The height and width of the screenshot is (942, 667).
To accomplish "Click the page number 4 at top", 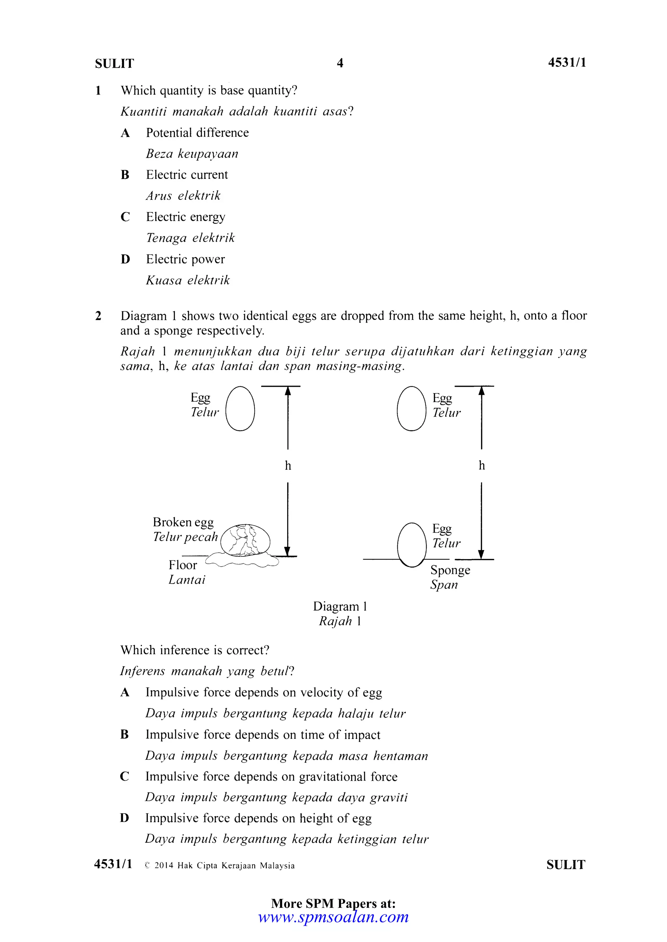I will [x=340, y=63].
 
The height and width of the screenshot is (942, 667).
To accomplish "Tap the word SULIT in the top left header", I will [x=114, y=64].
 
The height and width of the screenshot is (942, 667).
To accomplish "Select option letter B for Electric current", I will [x=125, y=175].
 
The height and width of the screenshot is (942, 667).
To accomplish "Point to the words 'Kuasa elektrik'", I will [x=188, y=280].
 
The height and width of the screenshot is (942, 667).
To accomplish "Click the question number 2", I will [x=98, y=316].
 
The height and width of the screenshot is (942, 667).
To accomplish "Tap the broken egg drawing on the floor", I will [x=245, y=541].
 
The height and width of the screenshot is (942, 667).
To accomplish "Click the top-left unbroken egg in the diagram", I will [x=240, y=409].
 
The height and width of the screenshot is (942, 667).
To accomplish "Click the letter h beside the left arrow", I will [x=288, y=466].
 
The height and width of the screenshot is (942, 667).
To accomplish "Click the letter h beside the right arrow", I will [x=482, y=466].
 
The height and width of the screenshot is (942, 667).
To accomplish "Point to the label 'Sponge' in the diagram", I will [x=450, y=570].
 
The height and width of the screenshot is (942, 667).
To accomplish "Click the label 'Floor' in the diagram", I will [x=183, y=565].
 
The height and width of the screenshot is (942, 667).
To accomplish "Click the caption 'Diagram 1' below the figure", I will [x=340, y=606].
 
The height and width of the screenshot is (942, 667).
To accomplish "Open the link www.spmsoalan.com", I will [x=333, y=917].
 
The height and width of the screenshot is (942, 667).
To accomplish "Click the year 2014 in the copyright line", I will [x=164, y=866].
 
